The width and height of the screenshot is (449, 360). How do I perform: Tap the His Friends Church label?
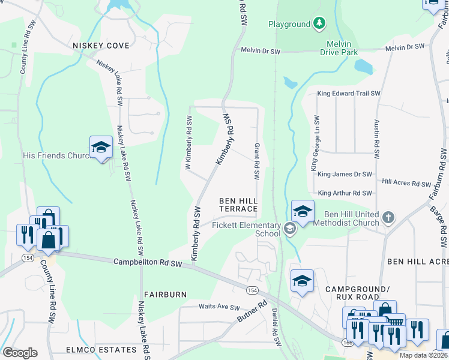coord(55,155)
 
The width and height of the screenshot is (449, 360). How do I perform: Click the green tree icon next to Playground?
coord(320,24)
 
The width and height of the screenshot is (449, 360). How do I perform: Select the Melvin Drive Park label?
coord(342,48)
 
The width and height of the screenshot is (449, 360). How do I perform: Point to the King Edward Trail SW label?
coord(349,94)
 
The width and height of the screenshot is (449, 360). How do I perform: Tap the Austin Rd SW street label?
coord(377,139)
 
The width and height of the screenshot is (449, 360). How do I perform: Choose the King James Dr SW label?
coord(345,174)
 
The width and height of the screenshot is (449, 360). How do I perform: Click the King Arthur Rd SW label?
coord(345,193)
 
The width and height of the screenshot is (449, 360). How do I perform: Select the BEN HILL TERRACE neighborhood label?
coord(238,205)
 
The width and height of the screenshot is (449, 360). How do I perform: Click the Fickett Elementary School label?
coord(246,229)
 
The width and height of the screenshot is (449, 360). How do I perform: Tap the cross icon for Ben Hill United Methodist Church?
coord(388,216)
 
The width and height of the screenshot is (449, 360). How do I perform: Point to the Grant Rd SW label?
coord(257,161)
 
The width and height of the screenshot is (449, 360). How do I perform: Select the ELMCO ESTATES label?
coord(101,350)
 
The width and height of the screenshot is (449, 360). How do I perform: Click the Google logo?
coord(20,353)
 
